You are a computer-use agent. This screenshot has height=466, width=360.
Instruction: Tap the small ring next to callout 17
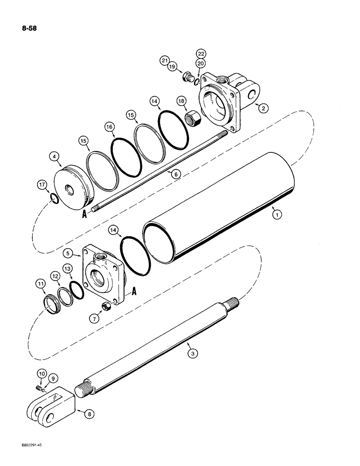55,201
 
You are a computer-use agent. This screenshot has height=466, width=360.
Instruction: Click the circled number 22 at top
201,54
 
